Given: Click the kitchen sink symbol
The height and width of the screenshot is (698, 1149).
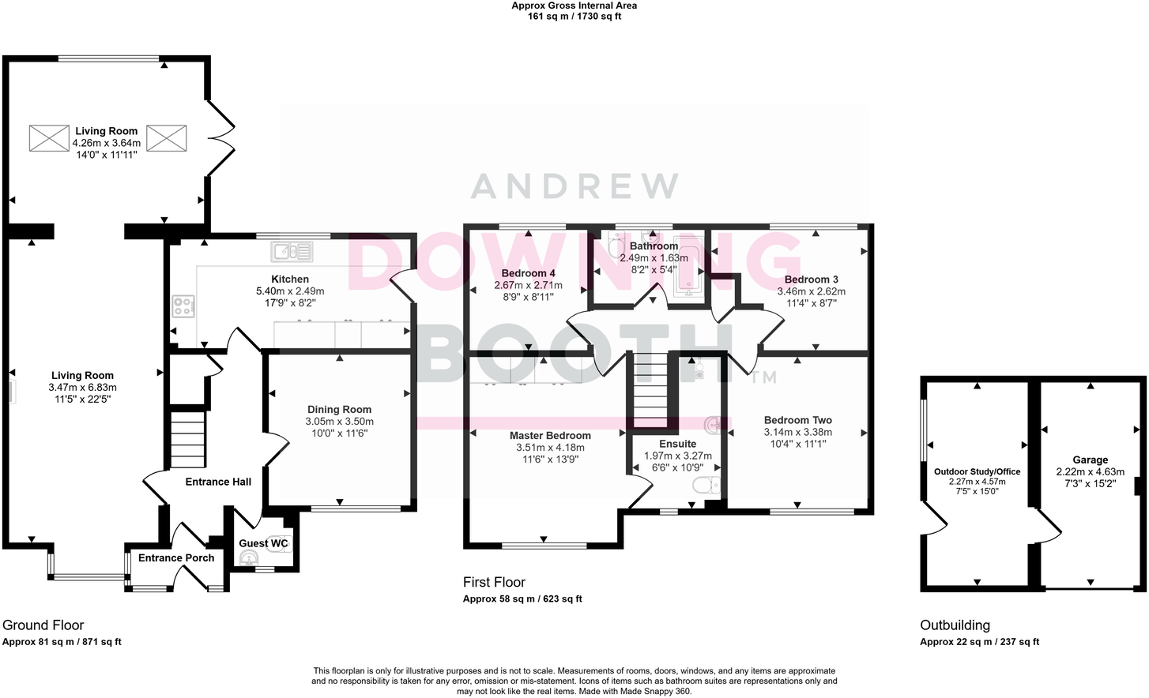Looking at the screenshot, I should tap(292, 252).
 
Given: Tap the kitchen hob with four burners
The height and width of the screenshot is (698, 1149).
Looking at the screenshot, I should tap(183, 306).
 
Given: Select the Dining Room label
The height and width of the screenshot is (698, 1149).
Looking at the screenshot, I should tap(339, 409).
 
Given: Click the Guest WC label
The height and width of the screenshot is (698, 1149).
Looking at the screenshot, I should tap(263, 543).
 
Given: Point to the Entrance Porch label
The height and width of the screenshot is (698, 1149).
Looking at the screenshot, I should tap(176, 557).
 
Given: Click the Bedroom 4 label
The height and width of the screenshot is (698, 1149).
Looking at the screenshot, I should tap(528, 273).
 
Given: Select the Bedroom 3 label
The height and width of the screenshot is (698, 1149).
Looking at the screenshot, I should tap(811, 280).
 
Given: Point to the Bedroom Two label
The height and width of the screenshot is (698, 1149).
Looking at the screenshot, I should tap(797, 420).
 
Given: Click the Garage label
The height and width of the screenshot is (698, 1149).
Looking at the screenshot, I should tap(1090, 460).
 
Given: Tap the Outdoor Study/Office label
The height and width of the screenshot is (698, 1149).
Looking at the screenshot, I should tap(977, 471).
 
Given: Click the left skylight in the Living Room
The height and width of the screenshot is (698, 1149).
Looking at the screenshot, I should tap(50, 138).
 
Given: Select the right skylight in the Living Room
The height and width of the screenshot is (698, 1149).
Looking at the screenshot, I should tap(167, 138).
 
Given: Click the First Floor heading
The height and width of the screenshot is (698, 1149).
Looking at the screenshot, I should tap(494, 582).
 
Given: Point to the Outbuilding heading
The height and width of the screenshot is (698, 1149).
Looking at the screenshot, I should tap(955, 625).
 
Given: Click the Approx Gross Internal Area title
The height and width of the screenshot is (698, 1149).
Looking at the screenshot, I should tap(574, 6).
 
